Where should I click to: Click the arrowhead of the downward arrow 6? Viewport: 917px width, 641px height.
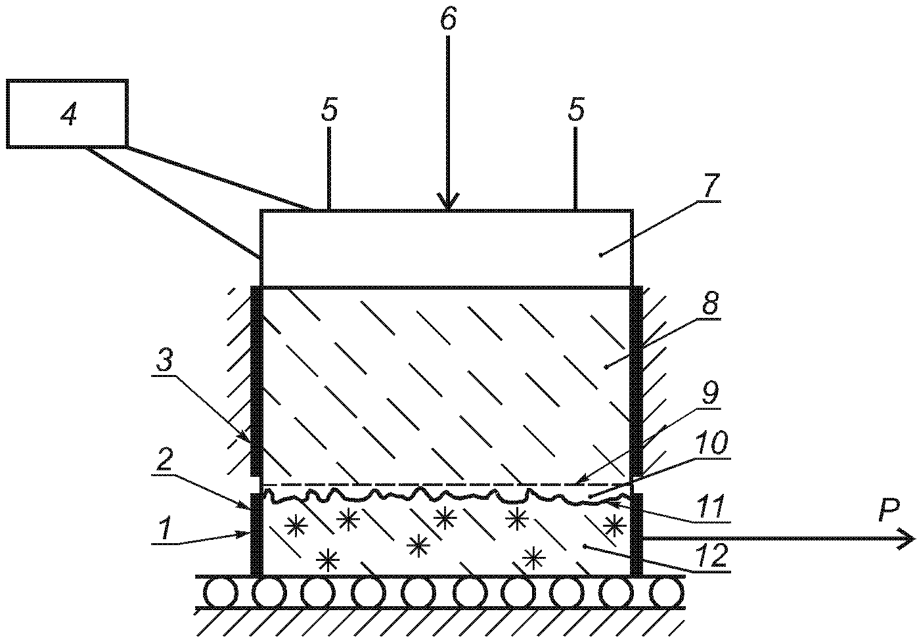pos(448,201)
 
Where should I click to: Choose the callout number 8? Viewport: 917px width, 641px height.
pos(709,303)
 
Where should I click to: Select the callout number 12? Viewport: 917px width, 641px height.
pos(712,556)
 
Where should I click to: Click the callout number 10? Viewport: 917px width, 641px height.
pos(713,443)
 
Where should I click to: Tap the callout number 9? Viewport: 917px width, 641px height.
pos(711,394)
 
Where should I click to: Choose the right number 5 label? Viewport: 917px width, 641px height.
pos(575,109)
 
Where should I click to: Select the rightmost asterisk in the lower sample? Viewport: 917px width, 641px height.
pos(614,526)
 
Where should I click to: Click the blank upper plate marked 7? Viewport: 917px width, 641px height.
pos(447,249)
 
